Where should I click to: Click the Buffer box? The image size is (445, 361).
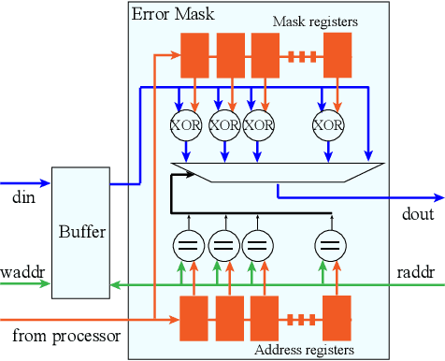(x=80, y=232)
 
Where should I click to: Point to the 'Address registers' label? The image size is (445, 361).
(x=305, y=350)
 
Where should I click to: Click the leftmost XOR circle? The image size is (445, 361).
(x=184, y=124)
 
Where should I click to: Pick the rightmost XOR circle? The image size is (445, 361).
(x=327, y=124)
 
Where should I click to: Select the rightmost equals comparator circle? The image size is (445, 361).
(x=327, y=248)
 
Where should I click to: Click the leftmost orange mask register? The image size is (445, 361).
(x=194, y=55)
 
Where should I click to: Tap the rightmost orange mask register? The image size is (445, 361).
(x=337, y=55)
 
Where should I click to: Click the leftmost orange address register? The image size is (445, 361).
(x=194, y=318)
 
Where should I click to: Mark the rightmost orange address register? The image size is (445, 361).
(x=337, y=318)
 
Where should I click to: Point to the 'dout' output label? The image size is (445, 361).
(x=418, y=214)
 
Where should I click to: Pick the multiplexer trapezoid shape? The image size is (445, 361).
(x=278, y=171)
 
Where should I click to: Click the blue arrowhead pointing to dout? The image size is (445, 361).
(x=438, y=198)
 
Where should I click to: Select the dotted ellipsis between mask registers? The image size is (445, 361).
(x=302, y=55)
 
